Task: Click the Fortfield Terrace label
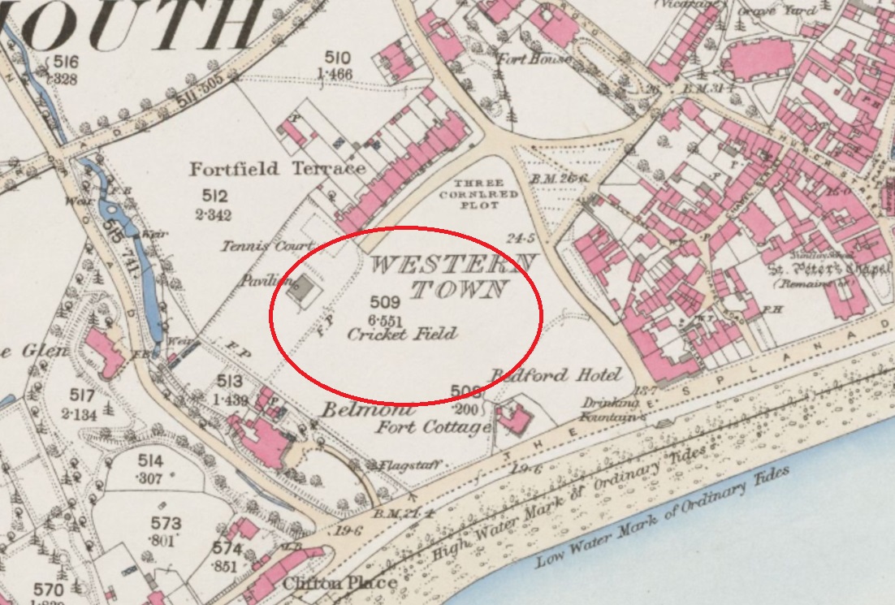(277, 169)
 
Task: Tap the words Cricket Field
(401, 333)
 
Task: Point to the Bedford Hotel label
(555, 374)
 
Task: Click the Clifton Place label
(339, 583)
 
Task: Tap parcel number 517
(82, 395)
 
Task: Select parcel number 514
(149, 461)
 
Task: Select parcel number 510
(338, 57)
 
